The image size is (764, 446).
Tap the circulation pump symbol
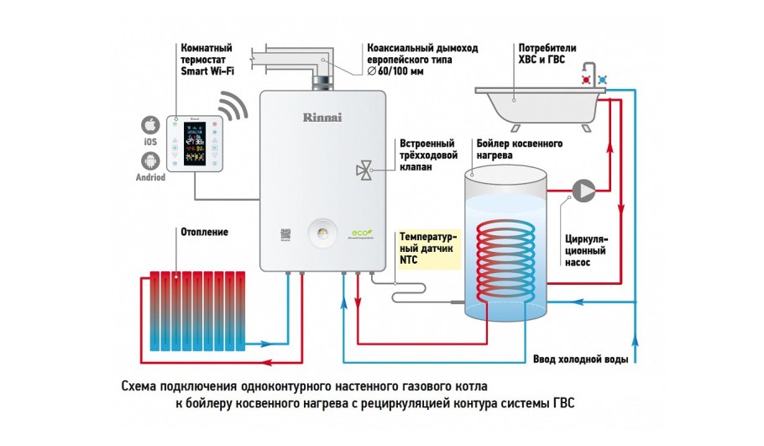tap(581, 188)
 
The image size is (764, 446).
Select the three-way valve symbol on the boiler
tap(364, 171)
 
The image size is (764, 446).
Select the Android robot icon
tap(149, 160)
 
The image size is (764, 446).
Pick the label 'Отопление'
tap(204, 231)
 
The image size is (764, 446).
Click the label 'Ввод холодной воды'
tap(580, 359)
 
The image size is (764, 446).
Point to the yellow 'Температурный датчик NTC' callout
tap(429, 249)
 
